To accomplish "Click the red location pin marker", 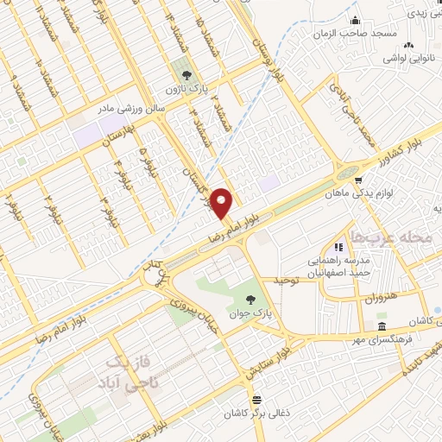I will [x=222, y=203].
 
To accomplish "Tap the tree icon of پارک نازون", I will [x=183, y=73].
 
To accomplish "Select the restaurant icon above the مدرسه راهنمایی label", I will [x=350, y=247].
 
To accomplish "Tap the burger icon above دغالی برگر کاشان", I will [x=256, y=399].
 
